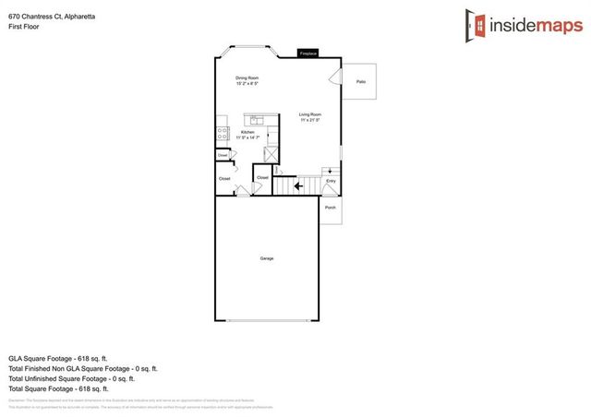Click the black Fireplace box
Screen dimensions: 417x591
pyautogui.click(x=307, y=54)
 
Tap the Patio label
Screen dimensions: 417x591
pyautogui.click(x=360, y=82)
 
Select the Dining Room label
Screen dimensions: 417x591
pyautogui.click(x=247, y=77)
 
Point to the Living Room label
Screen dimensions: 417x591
pyautogui.click(x=309, y=114)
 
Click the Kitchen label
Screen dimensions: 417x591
pyautogui.click(x=247, y=133)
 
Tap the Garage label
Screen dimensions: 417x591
pyautogui.click(x=267, y=258)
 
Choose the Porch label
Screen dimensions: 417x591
pyautogui.click(x=332, y=207)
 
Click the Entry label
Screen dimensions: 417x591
pyautogui.click(x=331, y=181)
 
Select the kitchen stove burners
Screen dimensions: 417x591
pyautogui.click(x=222, y=133)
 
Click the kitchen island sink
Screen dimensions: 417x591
pyautogui.click(x=255, y=118)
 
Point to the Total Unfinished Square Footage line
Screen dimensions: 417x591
pyautogui.click(x=71, y=378)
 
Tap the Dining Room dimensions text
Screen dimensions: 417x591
pyautogui.click(x=247, y=84)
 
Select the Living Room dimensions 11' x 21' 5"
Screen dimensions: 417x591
pyautogui.click(x=309, y=121)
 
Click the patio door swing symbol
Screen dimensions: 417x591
pyautogui.click(x=337, y=79)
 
